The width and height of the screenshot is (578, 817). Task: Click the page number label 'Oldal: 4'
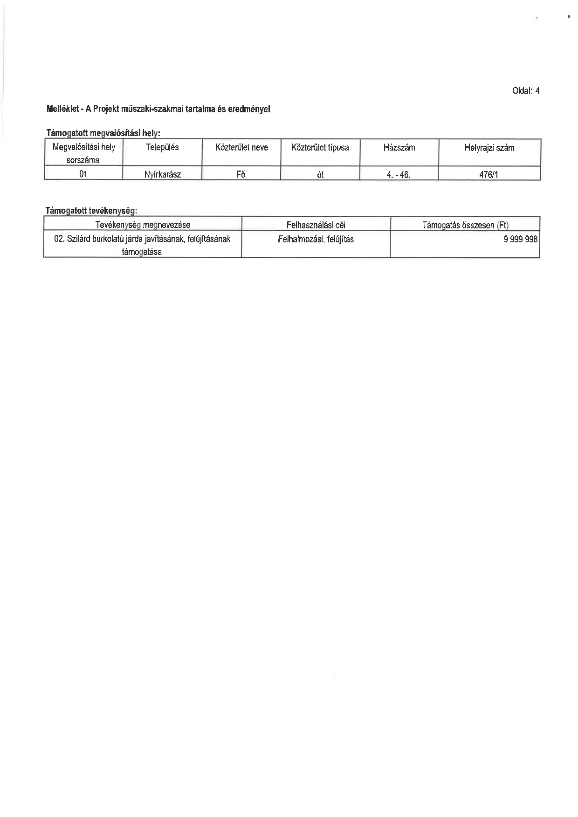[525, 91]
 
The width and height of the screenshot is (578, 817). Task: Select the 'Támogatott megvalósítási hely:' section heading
[103, 133]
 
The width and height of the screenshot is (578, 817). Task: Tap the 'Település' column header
[162, 147]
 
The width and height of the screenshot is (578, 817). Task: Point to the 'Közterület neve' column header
[241, 148]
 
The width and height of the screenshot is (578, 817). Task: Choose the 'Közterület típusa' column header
[320, 148]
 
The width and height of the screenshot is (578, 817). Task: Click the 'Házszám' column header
[399, 148]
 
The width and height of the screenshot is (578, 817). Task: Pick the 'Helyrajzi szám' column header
[489, 148]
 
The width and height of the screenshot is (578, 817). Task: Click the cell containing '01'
[83, 174]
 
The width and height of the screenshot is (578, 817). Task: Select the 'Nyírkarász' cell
[163, 175]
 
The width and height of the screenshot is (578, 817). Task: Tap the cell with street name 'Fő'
[241, 175]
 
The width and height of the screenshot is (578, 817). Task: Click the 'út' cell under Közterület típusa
[320, 175]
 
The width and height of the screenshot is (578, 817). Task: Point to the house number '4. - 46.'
[399, 175]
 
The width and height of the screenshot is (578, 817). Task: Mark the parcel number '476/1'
[489, 175]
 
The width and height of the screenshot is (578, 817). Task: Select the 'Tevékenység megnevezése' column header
[143, 225]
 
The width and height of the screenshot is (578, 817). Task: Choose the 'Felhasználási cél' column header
[316, 225]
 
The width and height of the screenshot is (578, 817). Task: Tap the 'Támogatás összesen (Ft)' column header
[465, 225]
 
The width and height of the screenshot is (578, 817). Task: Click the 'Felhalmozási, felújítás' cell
[316, 239]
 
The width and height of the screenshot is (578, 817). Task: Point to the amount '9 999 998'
[520, 239]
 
